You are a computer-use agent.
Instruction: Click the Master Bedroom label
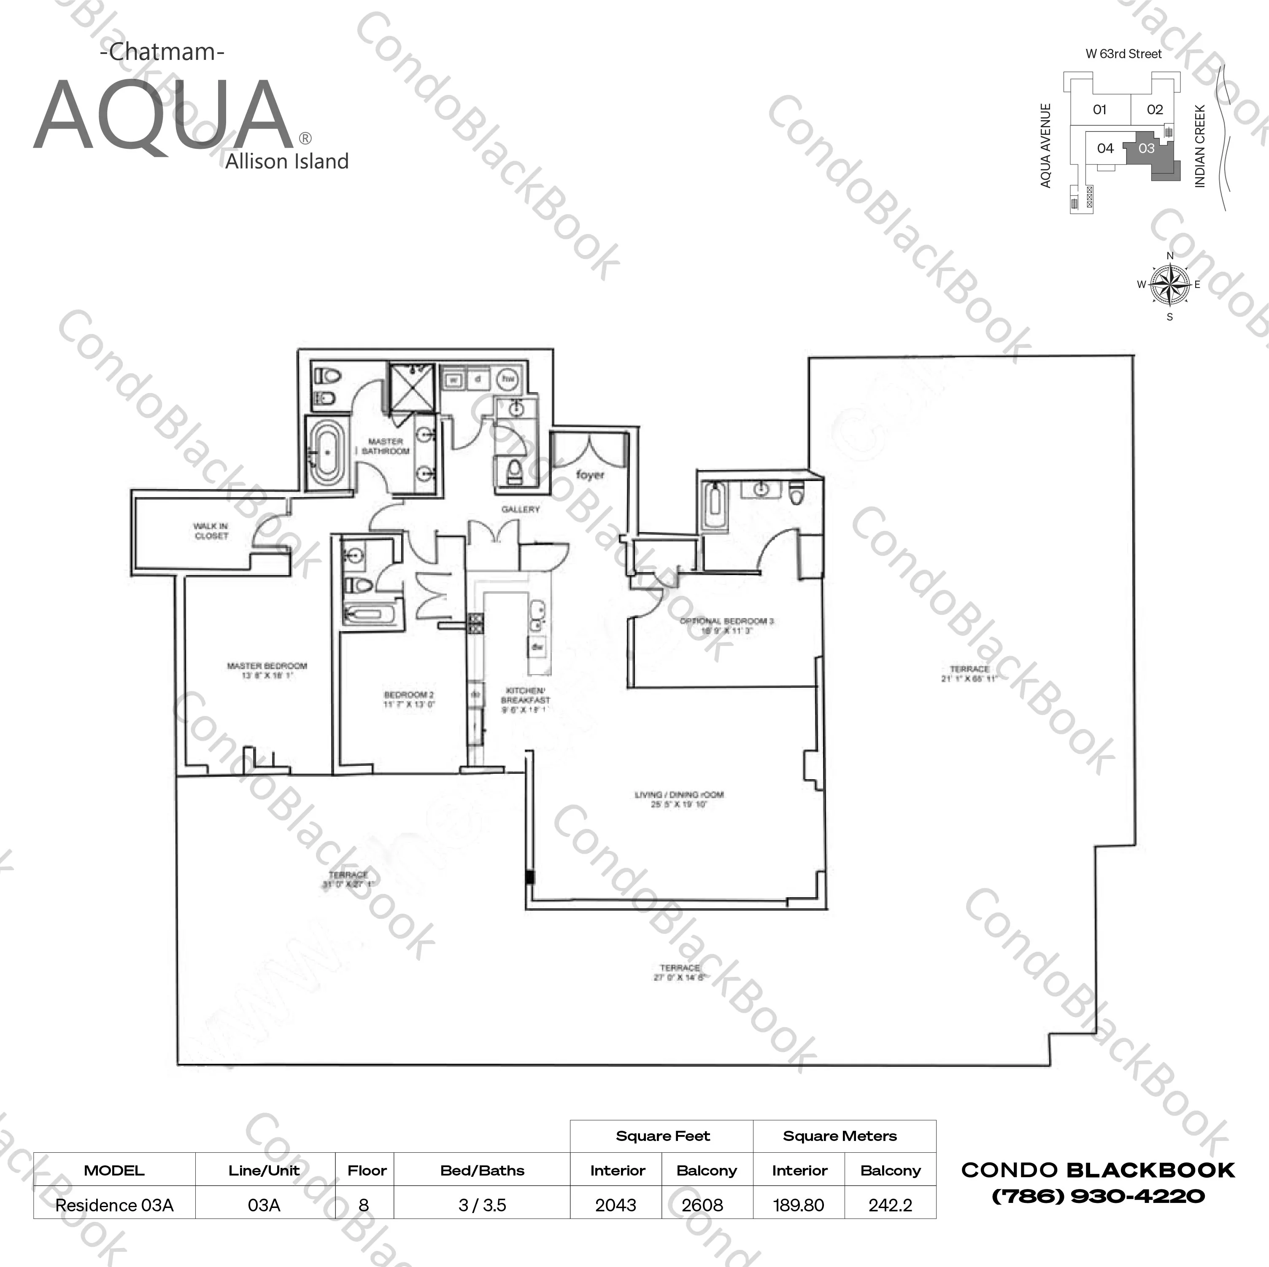coord(267,670)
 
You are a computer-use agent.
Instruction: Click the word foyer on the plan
coord(590,475)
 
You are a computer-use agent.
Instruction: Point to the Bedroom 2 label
coord(408,699)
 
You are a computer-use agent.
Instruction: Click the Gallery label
coord(520,509)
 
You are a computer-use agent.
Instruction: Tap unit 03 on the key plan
coord(1146,149)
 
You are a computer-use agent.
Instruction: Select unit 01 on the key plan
coord(1099,110)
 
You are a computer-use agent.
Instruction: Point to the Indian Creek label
coord(1200,146)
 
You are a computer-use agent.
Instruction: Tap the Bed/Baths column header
coord(482,1170)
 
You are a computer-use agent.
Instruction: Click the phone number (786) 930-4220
coord(1098,1196)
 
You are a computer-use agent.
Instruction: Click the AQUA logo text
coord(163,117)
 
